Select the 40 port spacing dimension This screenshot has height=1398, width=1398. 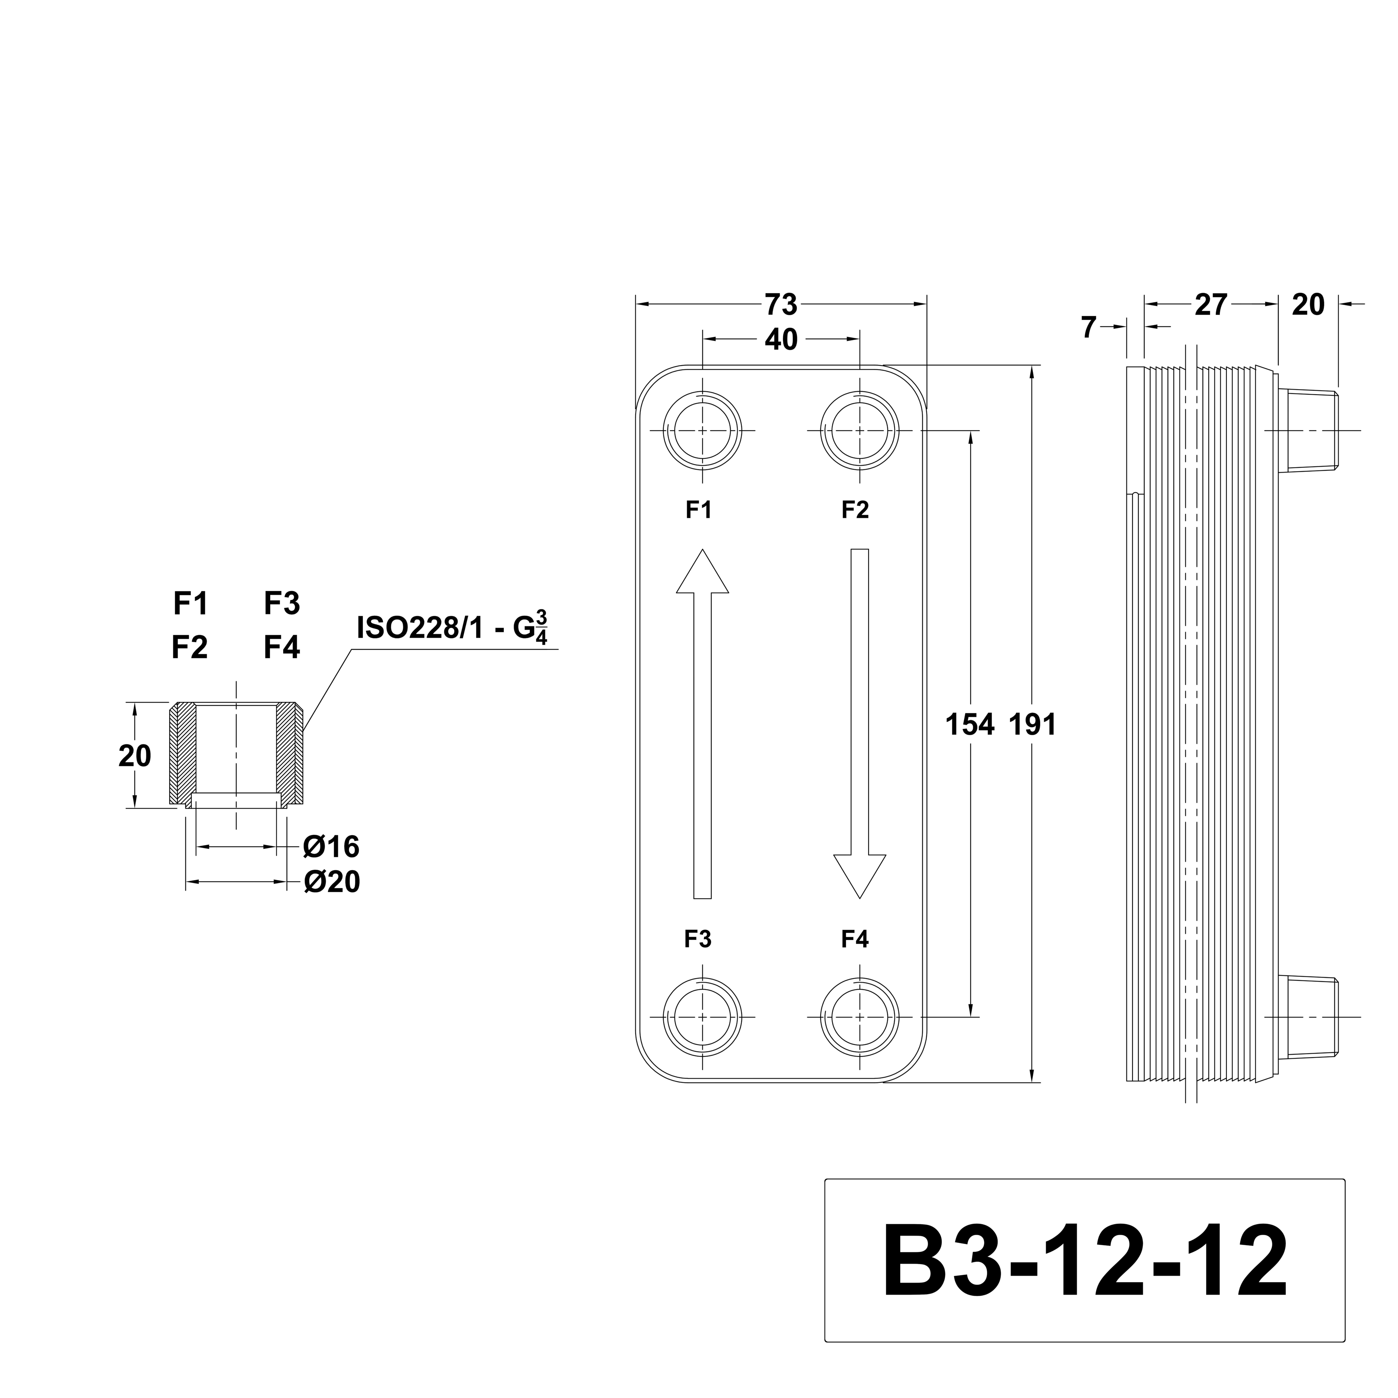click(x=781, y=339)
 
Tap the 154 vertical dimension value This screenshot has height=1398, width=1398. click(x=969, y=724)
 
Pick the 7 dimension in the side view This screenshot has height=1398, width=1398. click(x=1089, y=328)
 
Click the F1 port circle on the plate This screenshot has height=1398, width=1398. click(x=702, y=431)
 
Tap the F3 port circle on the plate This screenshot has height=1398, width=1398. click(x=702, y=1017)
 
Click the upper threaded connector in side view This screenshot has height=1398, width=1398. click(x=1308, y=431)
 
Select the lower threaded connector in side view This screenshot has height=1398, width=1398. click(x=1308, y=1017)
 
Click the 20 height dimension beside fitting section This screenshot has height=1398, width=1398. click(x=135, y=756)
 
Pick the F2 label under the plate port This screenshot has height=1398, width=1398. click(x=854, y=510)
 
